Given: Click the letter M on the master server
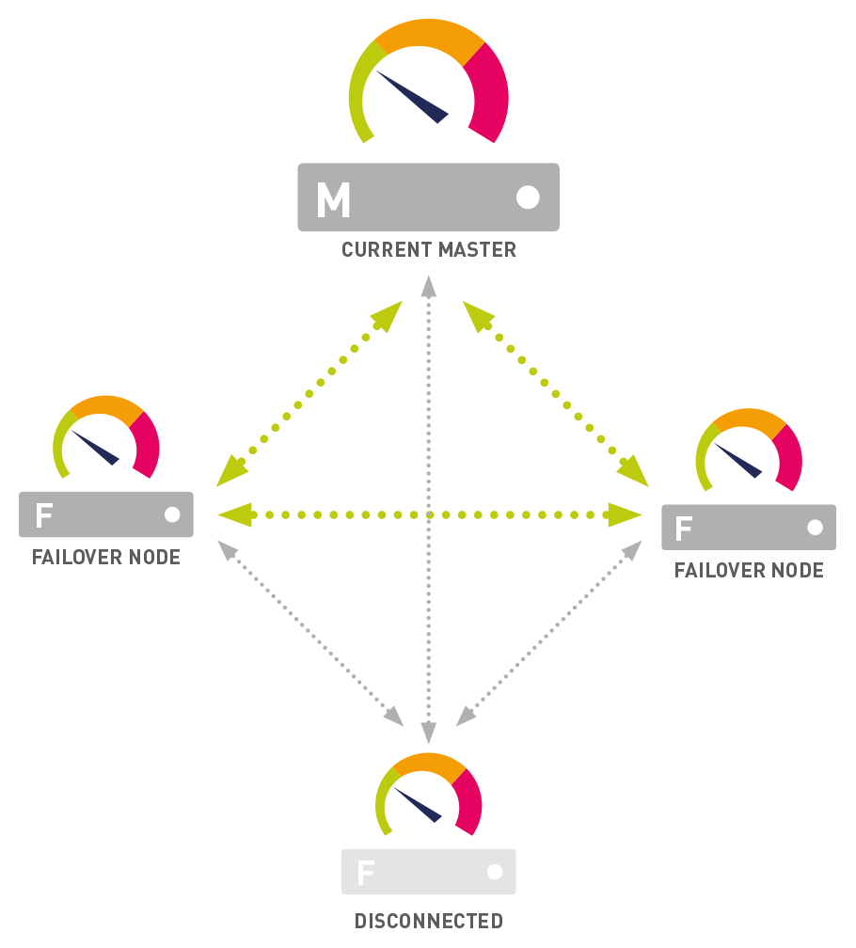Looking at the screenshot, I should [x=333, y=198].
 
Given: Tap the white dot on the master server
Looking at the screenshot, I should [x=528, y=197].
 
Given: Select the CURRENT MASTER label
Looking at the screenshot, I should [x=429, y=250].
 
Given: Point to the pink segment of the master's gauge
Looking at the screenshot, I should [x=490, y=94].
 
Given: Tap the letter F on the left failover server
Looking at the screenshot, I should [x=43, y=514].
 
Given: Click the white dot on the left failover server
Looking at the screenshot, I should [x=172, y=514].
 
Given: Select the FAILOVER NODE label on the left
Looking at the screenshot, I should [x=106, y=558].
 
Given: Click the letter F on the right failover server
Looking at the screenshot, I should [x=684, y=529].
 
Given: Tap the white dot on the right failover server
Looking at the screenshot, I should [x=815, y=528].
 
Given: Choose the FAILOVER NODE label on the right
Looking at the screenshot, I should [x=749, y=571].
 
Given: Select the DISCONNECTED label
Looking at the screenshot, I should [x=429, y=921].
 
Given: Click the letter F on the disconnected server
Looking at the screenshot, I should [x=365, y=873].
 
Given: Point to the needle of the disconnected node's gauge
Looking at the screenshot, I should [x=418, y=805].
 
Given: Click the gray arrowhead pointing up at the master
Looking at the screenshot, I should [x=429, y=285].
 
